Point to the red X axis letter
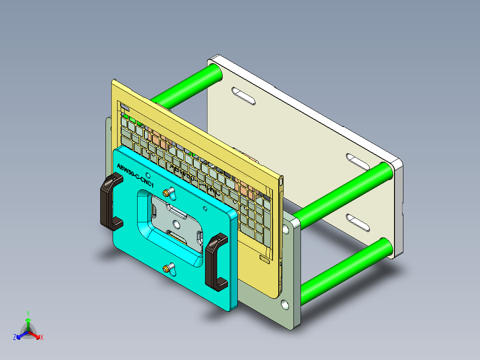pyautogui.click(x=42, y=337)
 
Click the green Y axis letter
pyautogui.click(x=28, y=313)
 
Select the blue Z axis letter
pyautogui.click(x=15, y=337)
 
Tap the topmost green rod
pyautogui.click(x=187, y=85)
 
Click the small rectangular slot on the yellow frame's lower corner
pyautogui.click(x=264, y=259)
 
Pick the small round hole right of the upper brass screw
pyautogui.click(x=205, y=208)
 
